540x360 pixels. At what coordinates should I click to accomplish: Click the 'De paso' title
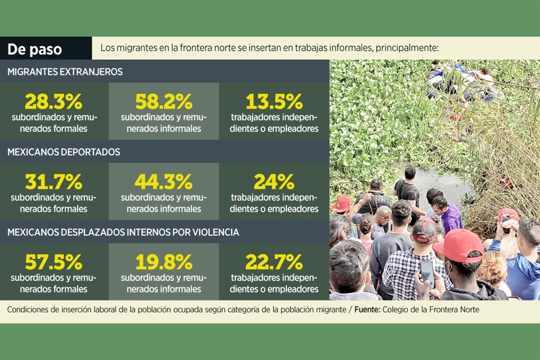(35, 49)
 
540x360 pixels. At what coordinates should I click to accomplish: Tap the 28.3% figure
(53, 101)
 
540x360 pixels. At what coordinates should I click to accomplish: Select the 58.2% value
(164, 101)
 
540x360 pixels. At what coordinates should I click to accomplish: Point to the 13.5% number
(274, 101)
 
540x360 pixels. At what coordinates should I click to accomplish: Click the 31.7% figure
(53, 182)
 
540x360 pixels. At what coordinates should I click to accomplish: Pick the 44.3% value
(164, 182)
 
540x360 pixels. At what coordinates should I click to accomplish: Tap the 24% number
(274, 182)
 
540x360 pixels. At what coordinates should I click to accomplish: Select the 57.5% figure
(53, 262)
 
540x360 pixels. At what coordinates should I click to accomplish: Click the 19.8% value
(164, 262)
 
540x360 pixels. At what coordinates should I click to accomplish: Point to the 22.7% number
(274, 262)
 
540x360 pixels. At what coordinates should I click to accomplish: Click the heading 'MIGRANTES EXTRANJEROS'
(65, 72)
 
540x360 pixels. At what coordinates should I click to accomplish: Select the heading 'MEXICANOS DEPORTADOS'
(64, 152)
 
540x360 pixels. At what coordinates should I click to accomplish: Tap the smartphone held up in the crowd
(427, 272)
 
